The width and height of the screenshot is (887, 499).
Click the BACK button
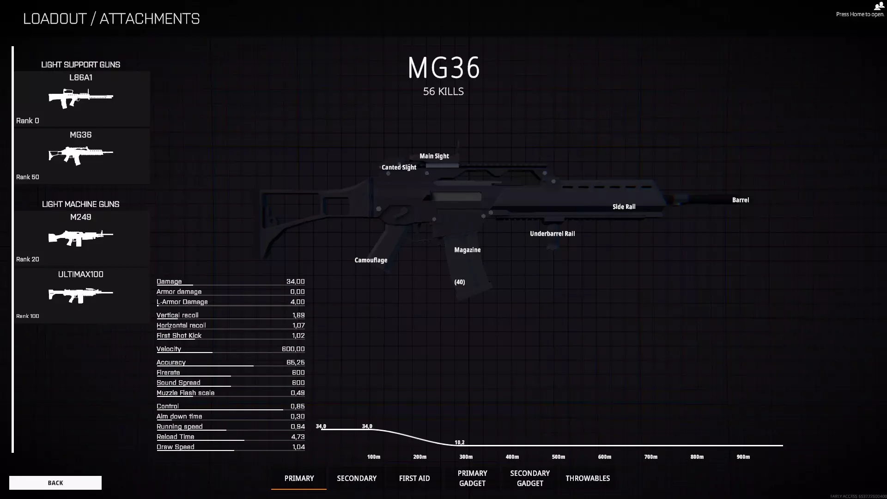55,483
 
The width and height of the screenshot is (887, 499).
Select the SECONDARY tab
357,478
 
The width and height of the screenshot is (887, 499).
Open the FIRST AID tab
414,478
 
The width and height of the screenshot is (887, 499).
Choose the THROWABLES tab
588,478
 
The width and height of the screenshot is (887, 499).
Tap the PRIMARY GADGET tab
472,478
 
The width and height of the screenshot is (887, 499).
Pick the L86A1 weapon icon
81,98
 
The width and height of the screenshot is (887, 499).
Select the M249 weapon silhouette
81,238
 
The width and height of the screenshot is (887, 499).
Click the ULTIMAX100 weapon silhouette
81,295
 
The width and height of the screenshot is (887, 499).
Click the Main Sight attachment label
434,156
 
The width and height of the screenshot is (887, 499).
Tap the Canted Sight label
399,167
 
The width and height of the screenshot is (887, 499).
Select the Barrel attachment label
741,200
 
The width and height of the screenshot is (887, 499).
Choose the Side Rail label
624,207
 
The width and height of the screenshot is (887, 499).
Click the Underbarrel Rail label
553,234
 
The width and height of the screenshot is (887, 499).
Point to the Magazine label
468,250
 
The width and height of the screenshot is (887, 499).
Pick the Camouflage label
371,260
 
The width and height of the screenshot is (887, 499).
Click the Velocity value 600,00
293,349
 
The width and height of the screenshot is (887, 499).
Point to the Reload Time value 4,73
298,437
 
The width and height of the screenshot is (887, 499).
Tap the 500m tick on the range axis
559,457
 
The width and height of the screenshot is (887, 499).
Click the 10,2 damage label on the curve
460,442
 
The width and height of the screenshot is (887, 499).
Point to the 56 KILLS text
443,91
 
